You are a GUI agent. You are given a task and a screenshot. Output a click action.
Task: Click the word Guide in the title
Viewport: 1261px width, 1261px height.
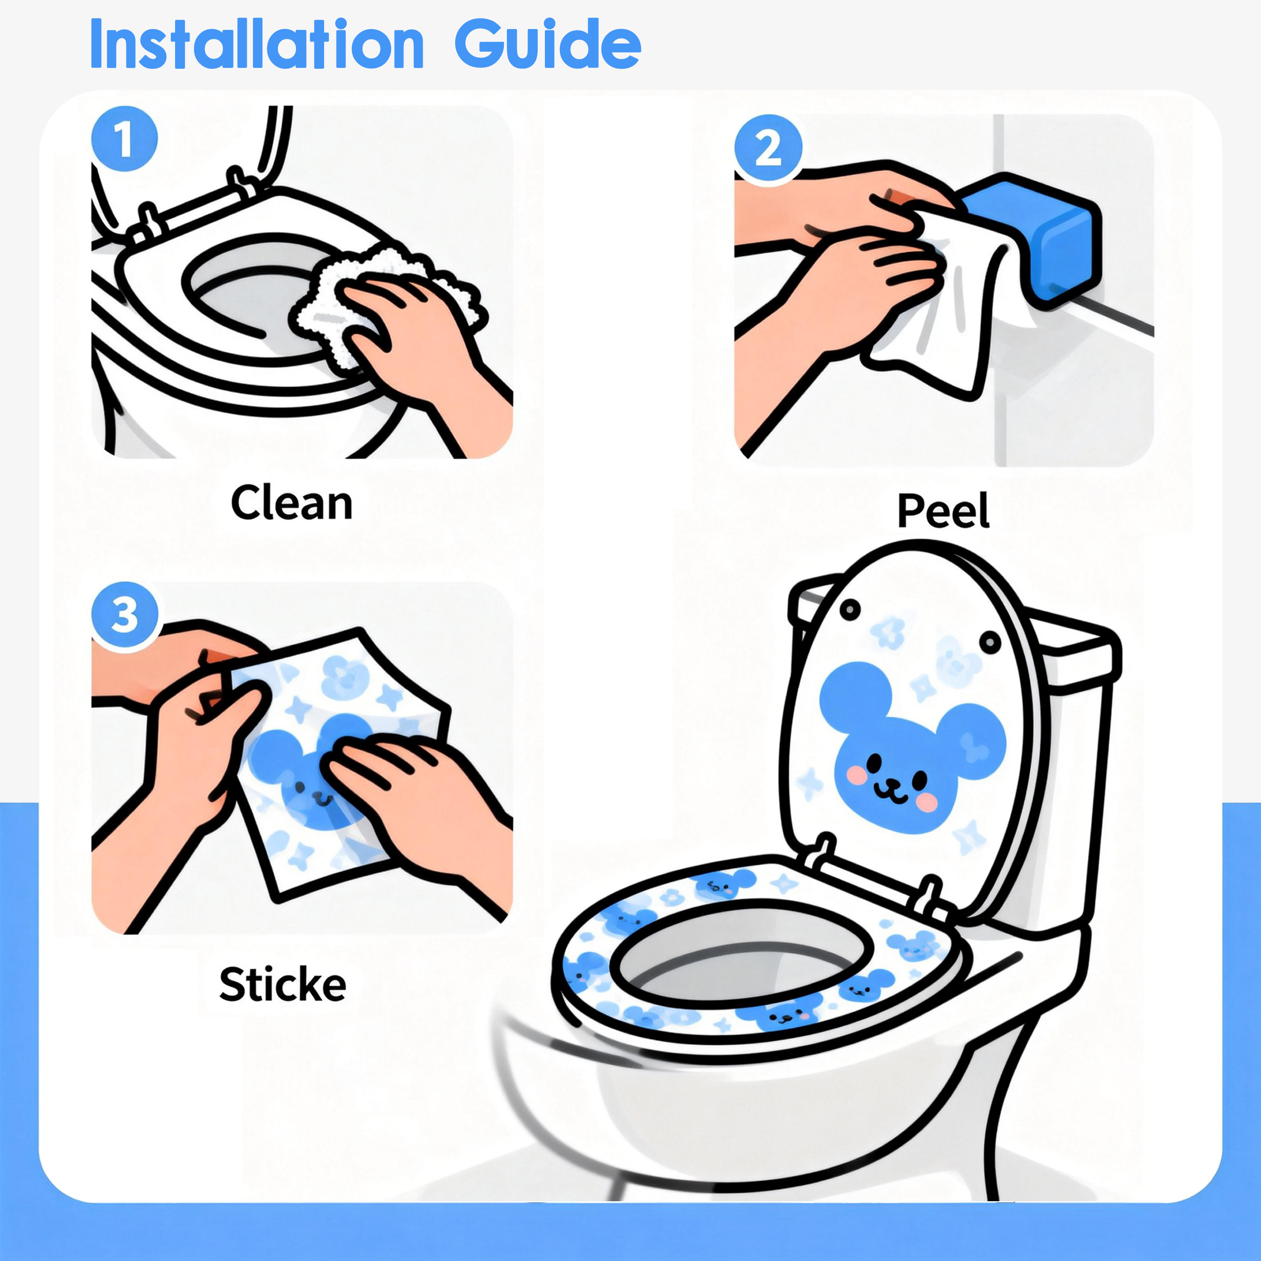coord(547,44)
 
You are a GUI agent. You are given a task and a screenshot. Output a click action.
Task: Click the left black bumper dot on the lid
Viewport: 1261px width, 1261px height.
coord(850,610)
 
